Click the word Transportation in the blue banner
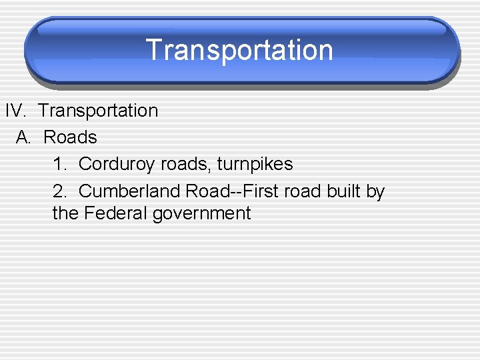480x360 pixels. point(239,51)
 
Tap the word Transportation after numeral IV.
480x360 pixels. point(98,111)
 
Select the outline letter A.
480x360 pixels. point(23,137)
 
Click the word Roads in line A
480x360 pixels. point(70,137)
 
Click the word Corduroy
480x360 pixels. point(117,164)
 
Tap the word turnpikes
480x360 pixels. point(255,164)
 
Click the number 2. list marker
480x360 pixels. point(59,191)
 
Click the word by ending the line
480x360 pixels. point(375,192)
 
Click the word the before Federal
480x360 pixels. point(65,213)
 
